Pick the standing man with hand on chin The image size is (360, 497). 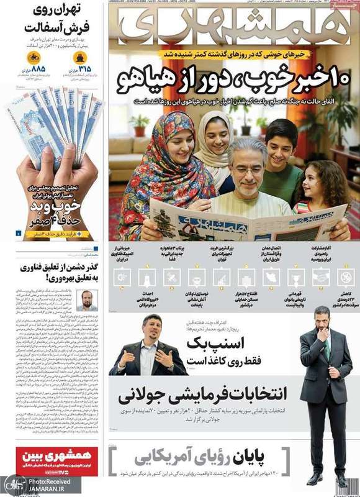click(323, 385)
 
